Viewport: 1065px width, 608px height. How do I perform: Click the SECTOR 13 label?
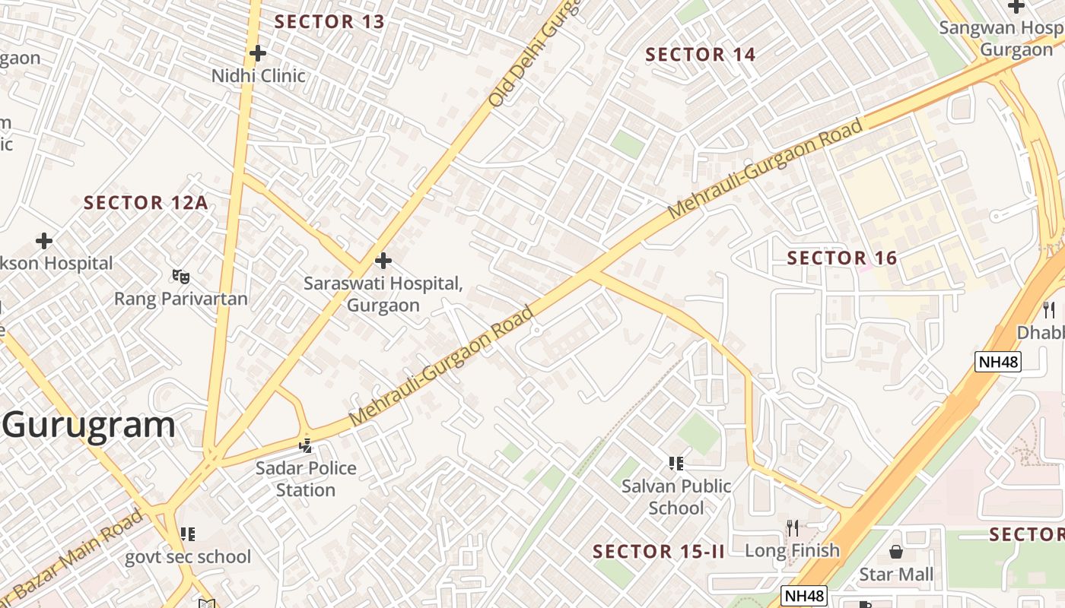[329, 21]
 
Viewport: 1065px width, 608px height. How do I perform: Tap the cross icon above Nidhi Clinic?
[258, 53]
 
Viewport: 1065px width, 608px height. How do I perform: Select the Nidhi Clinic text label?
[258, 76]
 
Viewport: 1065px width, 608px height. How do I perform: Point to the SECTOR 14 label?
[700, 55]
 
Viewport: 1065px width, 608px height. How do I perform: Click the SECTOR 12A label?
[145, 203]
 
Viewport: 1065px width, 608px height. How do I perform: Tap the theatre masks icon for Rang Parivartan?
[180, 276]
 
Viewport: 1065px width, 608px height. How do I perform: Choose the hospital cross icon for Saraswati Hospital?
[383, 261]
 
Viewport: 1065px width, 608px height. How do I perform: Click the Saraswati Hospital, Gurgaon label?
[383, 294]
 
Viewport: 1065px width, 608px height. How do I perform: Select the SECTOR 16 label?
[842, 258]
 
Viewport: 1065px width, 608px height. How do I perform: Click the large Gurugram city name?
[88, 425]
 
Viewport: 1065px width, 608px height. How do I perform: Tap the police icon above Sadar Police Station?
[306, 445]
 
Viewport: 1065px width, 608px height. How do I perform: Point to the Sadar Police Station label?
[306, 479]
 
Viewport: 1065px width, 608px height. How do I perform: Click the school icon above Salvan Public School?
[676, 463]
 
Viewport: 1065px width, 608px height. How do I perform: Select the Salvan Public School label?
[676, 496]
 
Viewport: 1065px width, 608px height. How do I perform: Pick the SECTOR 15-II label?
[659, 552]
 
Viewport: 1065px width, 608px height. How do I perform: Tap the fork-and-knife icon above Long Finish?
[793, 527]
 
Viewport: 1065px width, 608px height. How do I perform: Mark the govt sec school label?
[188, 557]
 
